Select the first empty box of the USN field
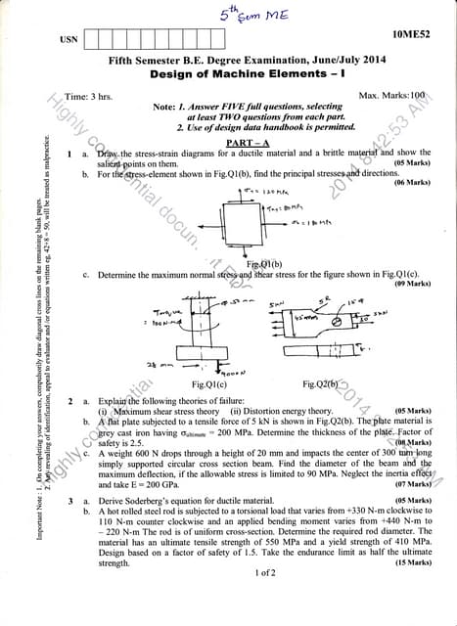94,41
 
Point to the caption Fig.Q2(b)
325,386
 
